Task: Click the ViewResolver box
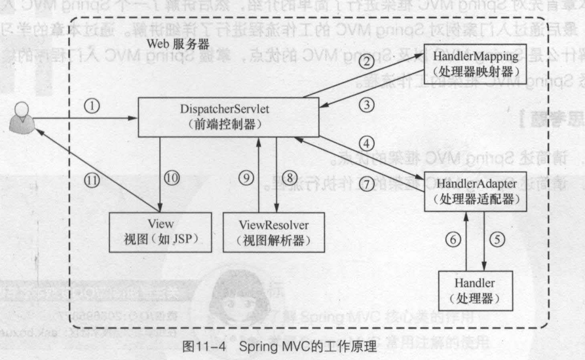point(274,232)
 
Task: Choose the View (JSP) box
point(160,232)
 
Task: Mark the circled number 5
point(500,240)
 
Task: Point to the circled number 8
point(290,195)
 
